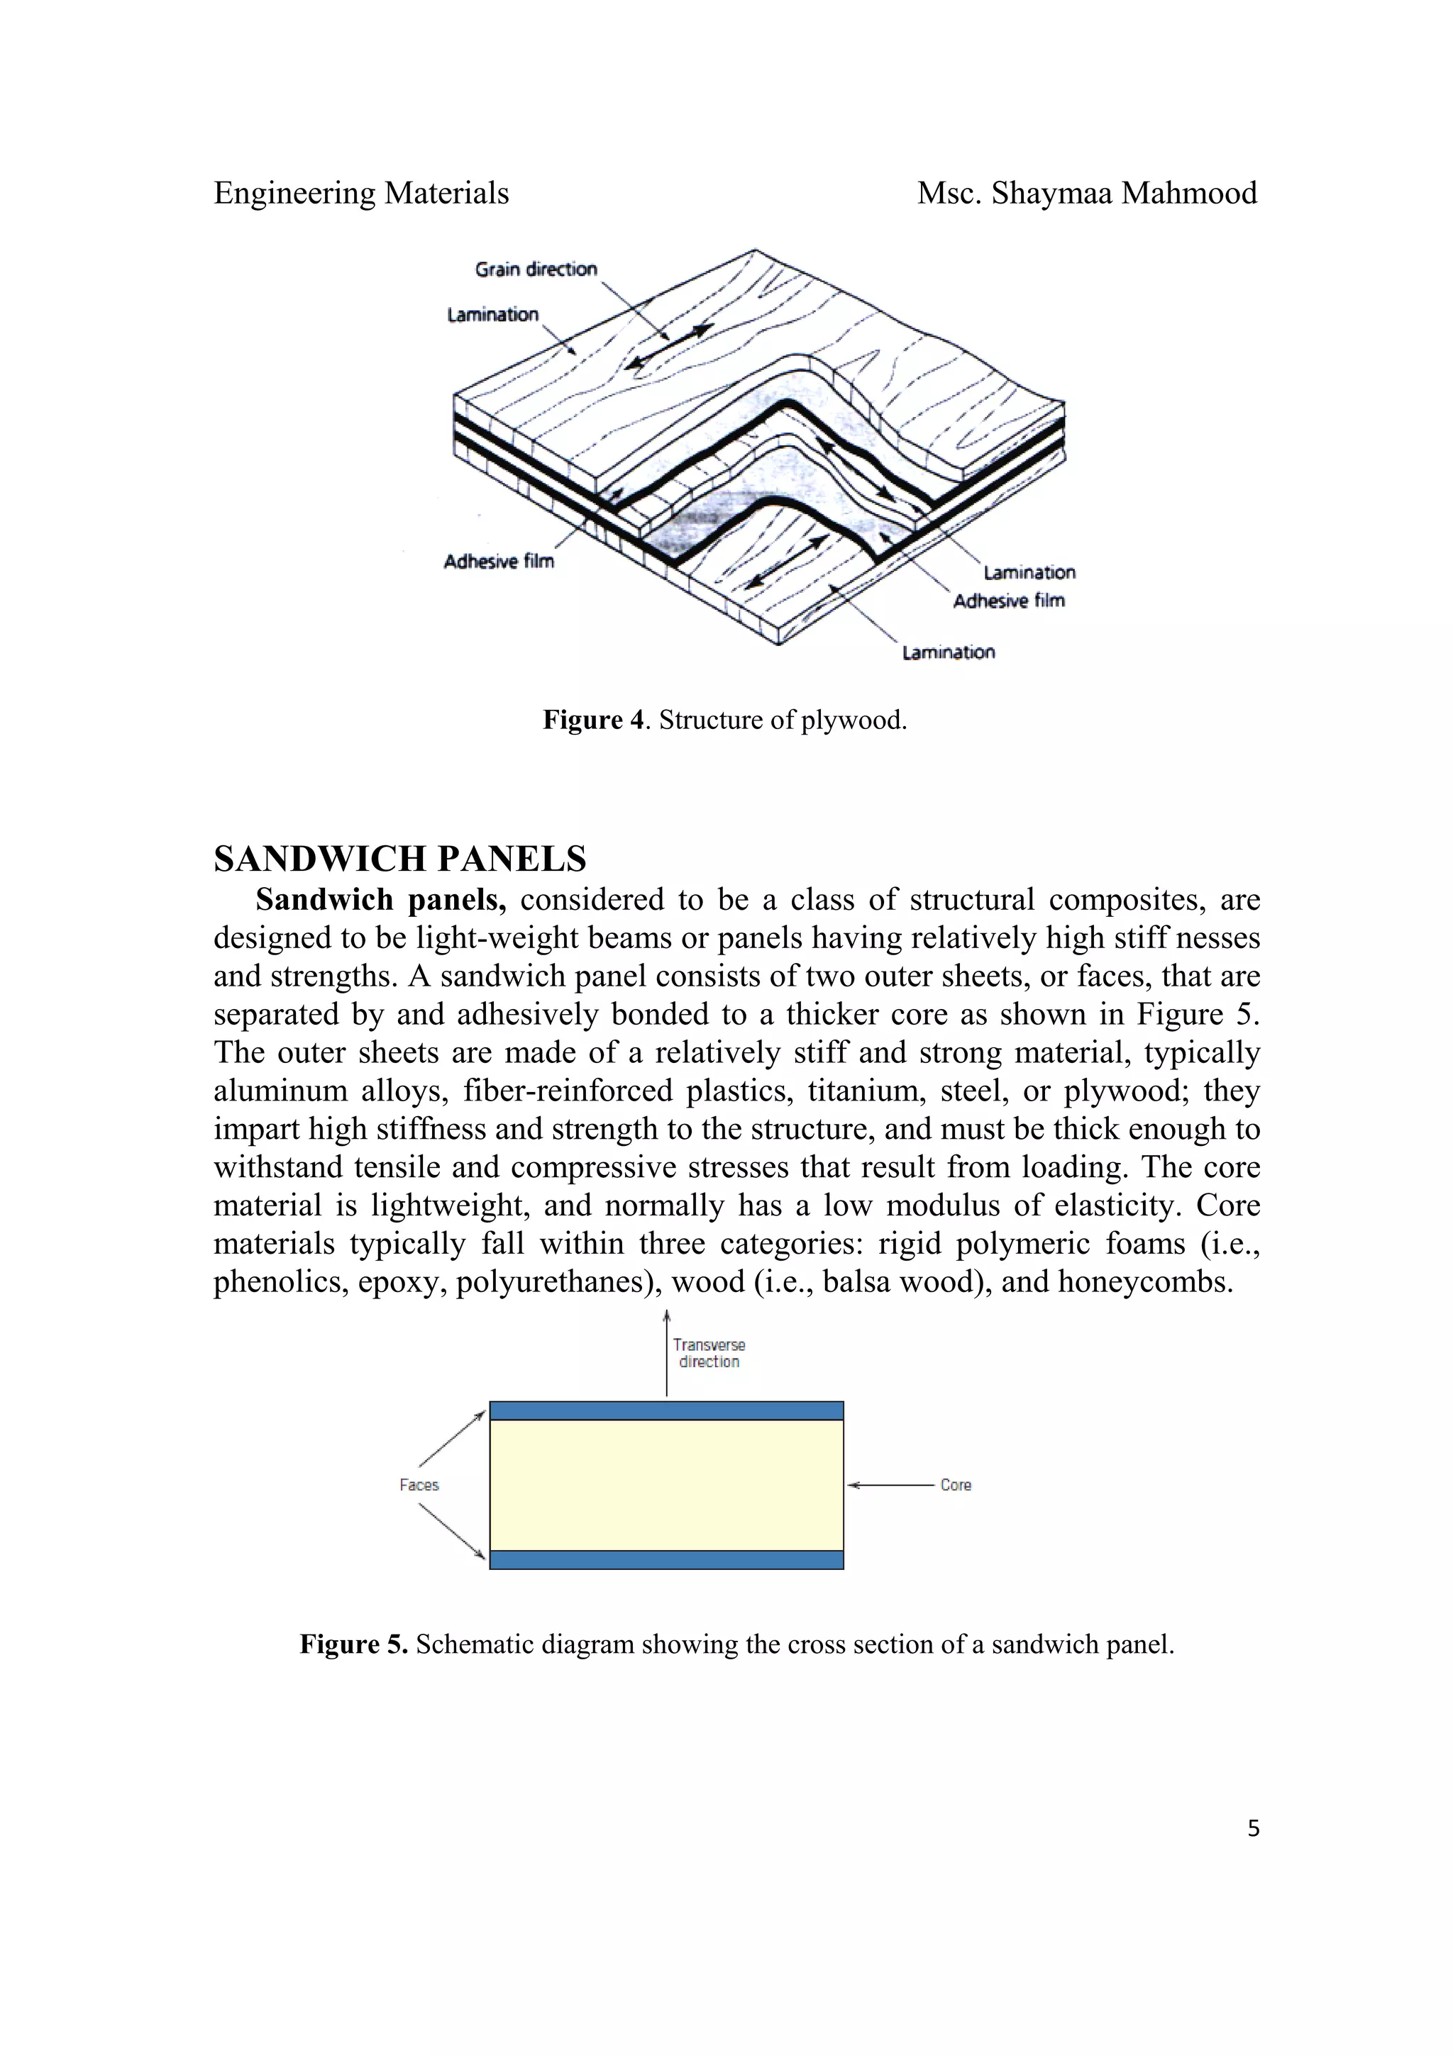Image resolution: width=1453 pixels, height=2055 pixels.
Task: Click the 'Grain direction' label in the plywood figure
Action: click(x=536, y=269)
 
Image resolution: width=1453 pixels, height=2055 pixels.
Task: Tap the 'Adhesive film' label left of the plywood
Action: click(x=499, y=561)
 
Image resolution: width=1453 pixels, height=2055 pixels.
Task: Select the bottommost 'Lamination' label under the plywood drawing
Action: click(x=948, y=652)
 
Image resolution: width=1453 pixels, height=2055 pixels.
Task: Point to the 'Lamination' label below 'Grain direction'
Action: click(x=492, y=314)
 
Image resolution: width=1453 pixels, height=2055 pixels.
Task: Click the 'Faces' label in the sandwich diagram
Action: click(x=419, y=1485)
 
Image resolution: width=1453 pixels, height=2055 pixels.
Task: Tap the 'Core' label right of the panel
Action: click(x=955, y=1485)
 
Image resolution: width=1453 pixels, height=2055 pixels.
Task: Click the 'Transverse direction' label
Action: click(x=709, y=1352)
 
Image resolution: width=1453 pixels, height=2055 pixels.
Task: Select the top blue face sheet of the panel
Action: click(x=666, y=1410)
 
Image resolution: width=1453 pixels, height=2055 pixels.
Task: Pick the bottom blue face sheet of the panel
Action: click(x=666, y=1559)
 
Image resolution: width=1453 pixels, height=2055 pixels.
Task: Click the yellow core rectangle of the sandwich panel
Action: click(x=666, y=1485)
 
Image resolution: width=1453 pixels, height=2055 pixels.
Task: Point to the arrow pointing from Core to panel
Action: click(x=891, y=1485)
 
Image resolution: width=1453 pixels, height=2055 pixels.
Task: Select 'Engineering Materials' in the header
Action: click(x=361, y=194)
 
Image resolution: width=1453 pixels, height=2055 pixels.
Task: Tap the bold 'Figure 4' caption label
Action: click(x=592, y=720)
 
